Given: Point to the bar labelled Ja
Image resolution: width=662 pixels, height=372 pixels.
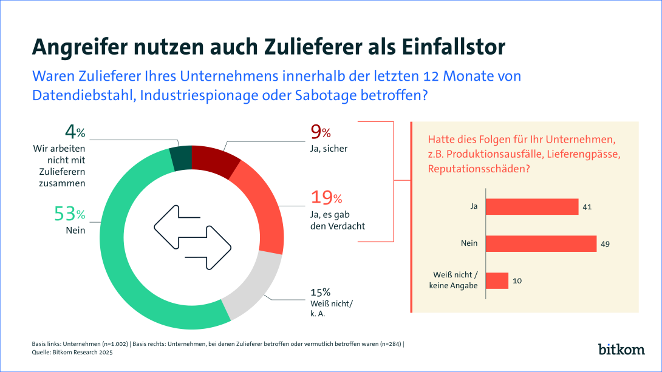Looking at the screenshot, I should tap(532, 207).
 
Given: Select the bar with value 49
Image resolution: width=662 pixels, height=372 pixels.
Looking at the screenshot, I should tap(541, 243).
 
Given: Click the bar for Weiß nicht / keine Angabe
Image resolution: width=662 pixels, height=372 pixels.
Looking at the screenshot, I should tap(497, 280).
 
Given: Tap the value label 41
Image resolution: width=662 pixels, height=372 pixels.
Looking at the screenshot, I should tap(587, 207).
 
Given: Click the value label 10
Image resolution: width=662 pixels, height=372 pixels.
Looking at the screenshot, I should tap(517, 280).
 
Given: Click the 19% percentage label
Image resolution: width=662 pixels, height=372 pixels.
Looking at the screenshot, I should tap(327, 197).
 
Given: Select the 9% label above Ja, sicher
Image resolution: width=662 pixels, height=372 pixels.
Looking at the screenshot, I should tap(321, 132).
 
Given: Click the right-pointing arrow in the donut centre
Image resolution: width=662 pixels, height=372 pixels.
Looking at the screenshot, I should tap(209, 246).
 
